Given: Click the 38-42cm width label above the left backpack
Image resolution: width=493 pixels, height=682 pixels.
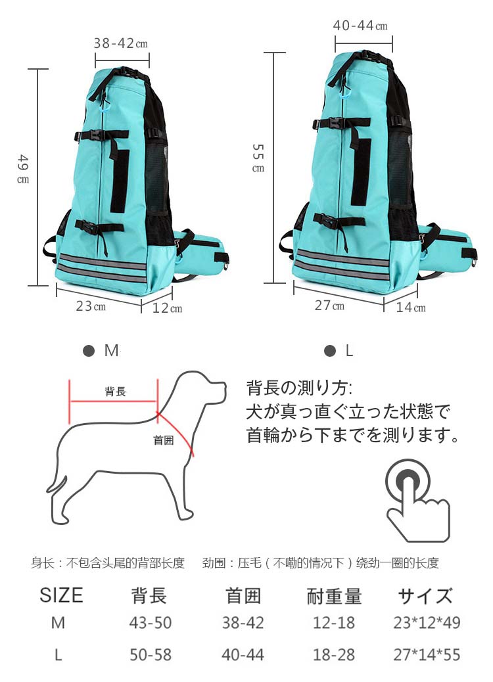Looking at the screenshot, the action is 120,43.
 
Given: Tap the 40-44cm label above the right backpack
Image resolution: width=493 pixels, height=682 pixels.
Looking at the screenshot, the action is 360,26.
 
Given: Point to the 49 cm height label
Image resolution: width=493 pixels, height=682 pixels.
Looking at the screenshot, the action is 24,168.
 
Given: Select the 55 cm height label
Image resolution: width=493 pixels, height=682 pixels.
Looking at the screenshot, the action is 258,158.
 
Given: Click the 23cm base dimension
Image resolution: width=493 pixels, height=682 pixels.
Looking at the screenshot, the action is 91,306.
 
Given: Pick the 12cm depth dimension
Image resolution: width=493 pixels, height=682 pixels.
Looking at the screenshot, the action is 167,308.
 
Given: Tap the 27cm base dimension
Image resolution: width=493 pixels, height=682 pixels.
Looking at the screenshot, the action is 329,306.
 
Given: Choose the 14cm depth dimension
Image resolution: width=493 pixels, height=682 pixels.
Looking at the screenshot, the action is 410,307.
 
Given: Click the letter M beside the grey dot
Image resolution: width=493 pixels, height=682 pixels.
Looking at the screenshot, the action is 111,351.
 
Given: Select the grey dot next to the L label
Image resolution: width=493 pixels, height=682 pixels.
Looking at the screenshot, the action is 330,351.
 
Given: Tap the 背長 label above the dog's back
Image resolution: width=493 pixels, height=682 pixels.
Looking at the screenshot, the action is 115,392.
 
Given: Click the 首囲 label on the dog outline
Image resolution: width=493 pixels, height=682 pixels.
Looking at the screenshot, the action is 164,440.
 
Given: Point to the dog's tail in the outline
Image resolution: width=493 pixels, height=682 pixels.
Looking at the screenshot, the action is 57,484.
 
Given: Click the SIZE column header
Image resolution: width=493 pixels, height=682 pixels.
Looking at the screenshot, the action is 61,595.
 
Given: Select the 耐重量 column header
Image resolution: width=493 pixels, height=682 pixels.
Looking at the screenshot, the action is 334,596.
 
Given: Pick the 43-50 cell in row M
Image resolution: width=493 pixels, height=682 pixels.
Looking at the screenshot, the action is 150,623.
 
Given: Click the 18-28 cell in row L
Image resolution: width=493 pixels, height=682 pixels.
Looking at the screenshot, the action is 334,654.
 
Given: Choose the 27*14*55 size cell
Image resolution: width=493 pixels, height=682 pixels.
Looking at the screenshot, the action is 427,654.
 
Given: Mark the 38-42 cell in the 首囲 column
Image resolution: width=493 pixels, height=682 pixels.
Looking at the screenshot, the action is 243,623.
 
